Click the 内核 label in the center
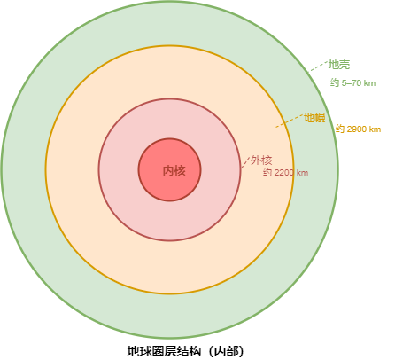point(174,170)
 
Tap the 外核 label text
point(261,160)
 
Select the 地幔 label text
point(314,118)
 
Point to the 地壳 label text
point(339,65)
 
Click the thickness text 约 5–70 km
point(352,83)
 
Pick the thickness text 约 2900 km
point(358,129)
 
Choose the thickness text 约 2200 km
point(286,172)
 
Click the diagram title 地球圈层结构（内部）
point(186,351)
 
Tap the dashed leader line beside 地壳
point(318,67)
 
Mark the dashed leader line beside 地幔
point(290,121)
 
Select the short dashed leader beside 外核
point(245,162)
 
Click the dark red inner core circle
point(170,139)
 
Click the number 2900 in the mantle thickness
point(356,129)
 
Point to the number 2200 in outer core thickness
point(283,172)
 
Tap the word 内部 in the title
point(225,351)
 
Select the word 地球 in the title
point(138,351)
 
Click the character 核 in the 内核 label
point(180,170)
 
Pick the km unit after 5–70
point(369,83)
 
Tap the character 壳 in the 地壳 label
point(345,65)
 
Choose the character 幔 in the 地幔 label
point(321,118)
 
